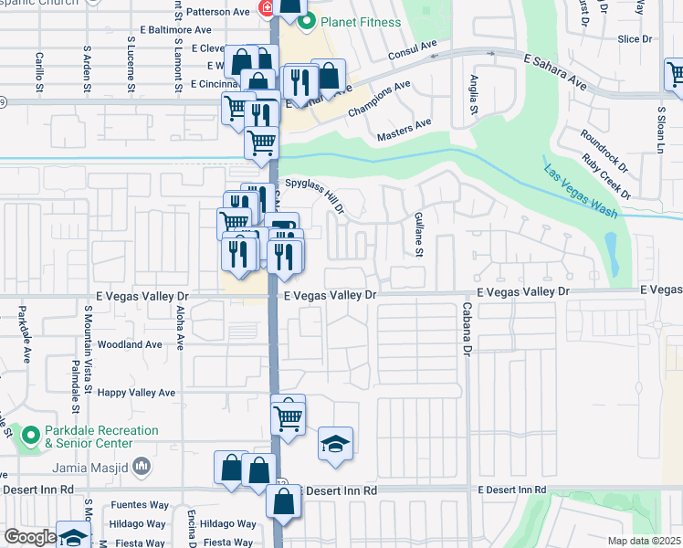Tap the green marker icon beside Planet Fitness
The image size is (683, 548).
(308, 21)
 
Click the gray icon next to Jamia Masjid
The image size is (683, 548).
(142, 468)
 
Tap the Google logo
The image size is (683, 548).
(30, 537)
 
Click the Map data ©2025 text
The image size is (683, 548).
(644, 541)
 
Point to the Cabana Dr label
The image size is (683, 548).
(466, 328)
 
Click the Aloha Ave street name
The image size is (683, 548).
(180, 328)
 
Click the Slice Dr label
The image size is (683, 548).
(635, 39)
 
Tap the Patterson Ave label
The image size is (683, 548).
(217, 13)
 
